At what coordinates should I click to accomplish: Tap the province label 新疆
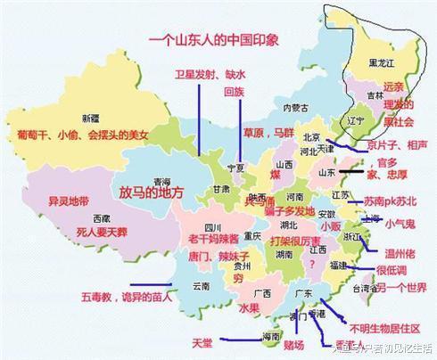coord(90,118)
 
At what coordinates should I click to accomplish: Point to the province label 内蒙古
coord(293,108)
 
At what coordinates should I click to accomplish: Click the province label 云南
coord(200,285)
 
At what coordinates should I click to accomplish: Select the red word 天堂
coord(202,341)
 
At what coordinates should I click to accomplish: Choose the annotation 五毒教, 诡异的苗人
coord(125,295)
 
